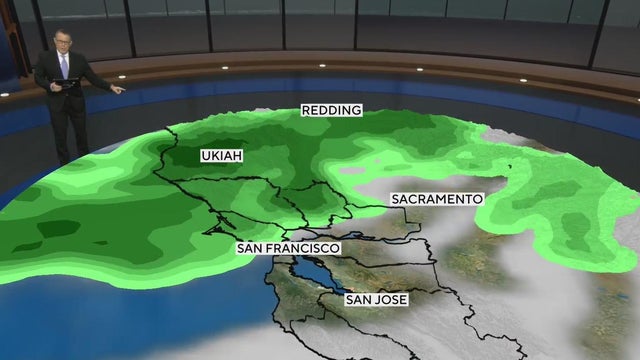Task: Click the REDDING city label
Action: (331, 111)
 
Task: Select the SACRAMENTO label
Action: (436, 199)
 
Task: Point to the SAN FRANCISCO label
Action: (288, 247)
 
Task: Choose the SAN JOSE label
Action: (377, 299)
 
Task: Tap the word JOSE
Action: (392, 299)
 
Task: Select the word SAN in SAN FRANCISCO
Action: (250, 247)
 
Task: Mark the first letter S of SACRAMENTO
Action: (394, 199)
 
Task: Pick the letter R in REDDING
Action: (305, 111)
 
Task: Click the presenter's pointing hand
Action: (120, 90)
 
